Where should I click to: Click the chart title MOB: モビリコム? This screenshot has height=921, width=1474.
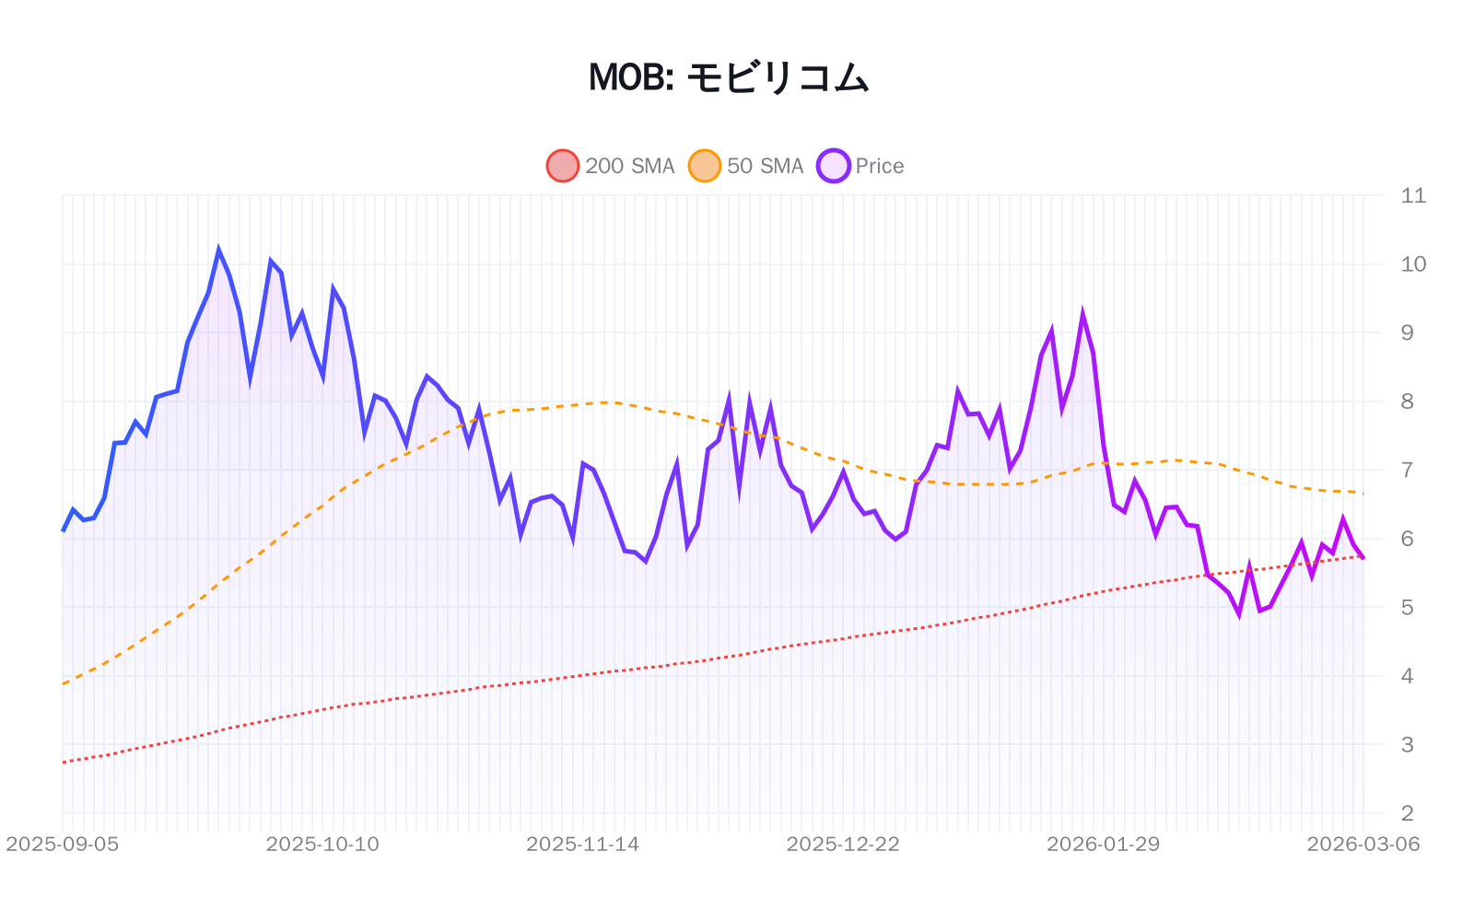click(x=728, y=77)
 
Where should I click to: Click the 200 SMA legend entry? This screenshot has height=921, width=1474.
click(x=612, y=166)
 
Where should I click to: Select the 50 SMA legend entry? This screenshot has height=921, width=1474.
click(x=747, y=166)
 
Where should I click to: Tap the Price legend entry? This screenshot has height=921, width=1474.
click(x=862, y=166)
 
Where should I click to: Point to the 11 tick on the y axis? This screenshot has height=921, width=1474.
click(x=1412, y=195)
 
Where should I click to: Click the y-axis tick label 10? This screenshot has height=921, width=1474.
click(x=1412, y=264)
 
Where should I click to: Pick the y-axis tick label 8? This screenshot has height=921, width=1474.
click(x=1407, y=402)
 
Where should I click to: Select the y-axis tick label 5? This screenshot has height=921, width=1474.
click(x=1407, y=607)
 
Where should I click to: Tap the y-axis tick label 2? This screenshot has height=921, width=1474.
click(x=1407, y=813)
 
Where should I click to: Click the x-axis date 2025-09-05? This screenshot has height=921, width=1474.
click(x=63, y=844)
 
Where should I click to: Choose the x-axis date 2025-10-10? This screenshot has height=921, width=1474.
click(x=322, y=844)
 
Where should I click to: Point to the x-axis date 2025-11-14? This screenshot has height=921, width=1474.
click(x=582, y=844)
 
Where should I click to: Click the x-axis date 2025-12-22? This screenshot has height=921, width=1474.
click(x=843, y=844)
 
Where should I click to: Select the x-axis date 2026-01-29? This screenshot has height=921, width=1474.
click(x=1103, y=844)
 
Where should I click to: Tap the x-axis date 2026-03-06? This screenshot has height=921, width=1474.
click(x=1363, y=844)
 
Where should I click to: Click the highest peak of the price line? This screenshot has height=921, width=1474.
click(x=218, y=250)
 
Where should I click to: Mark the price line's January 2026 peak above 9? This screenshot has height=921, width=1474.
click(x=1082, y=314)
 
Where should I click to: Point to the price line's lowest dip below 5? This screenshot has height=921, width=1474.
click(x=1239, y=614)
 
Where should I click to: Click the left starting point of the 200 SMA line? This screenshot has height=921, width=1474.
click(x=64, y=762)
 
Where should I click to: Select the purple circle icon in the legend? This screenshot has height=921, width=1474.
click(x=833, y=166)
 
